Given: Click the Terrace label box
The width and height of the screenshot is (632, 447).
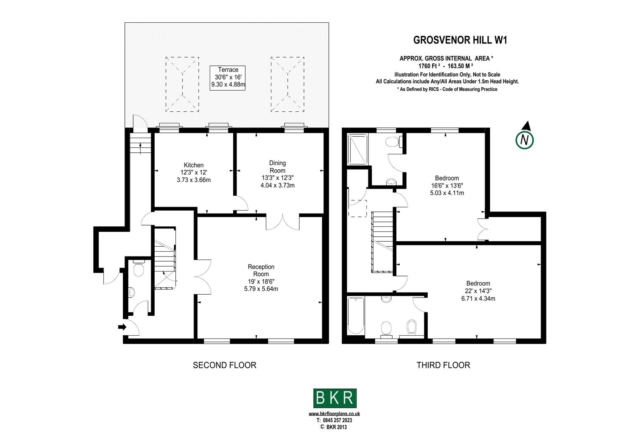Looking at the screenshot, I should click(x=227, y=77).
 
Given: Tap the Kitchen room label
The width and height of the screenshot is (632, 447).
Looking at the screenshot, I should click(x=194, y=165).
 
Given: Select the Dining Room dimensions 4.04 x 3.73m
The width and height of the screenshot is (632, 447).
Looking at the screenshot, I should click(x=278, y=185).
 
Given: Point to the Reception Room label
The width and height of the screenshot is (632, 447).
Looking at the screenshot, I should click(x=261, y=270).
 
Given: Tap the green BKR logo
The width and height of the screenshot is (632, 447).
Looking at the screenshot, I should click(x=335, y=398).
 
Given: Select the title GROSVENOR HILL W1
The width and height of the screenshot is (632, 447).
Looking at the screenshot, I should click(x=460, y=40).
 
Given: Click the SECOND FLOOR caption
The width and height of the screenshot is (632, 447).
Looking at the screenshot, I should click(x=225, y=365).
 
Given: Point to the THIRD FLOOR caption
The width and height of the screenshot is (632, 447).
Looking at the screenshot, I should click(x=443, y=365).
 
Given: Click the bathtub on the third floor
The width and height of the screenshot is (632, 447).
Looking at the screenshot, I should click(x=355, y=315).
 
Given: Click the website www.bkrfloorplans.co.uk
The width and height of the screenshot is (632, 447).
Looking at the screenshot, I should click(x=334, y=413).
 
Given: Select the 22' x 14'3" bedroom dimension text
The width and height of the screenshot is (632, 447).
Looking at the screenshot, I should click(x=478, y=291).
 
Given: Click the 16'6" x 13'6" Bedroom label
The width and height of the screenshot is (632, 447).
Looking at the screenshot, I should click(x=447, y=178).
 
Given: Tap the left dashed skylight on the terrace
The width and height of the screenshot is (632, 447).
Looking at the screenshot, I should click(x=182, y=84).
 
